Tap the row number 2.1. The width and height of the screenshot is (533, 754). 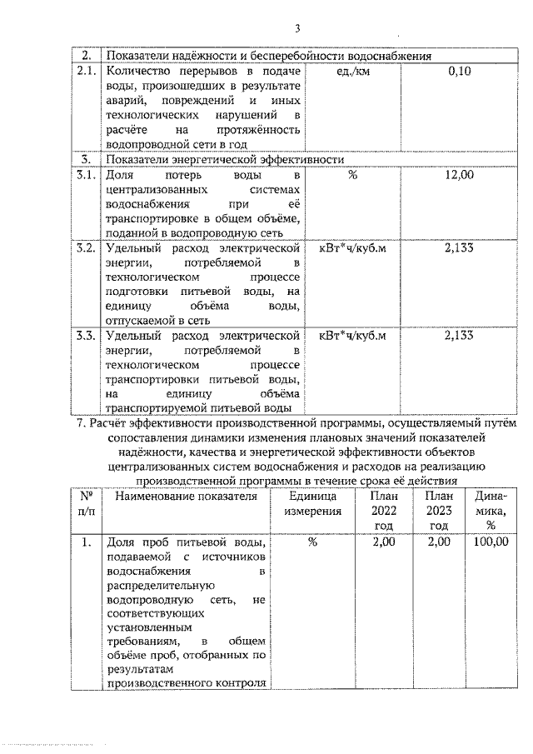pos(87,72)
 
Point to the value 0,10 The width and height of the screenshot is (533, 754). pos(459,72)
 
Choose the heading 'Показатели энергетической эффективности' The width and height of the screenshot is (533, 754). pos(225,157)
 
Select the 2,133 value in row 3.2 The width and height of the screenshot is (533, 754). pos(459,247)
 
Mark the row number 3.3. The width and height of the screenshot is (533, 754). pos(87,336)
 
